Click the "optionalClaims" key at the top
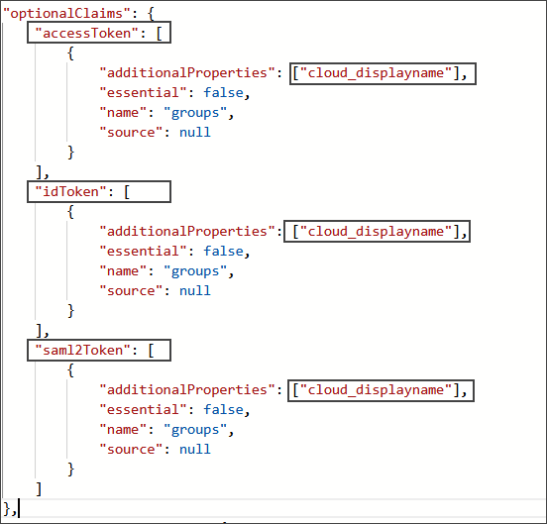(61, 14)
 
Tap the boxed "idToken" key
(67, 191)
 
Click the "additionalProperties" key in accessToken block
(184, 73)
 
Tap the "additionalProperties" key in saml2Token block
(184, 389)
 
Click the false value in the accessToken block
(223, 93)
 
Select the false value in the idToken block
(223, 252)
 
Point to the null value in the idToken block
(194, 290)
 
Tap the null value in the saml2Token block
(194, 449)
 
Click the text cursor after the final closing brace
(18, 509)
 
